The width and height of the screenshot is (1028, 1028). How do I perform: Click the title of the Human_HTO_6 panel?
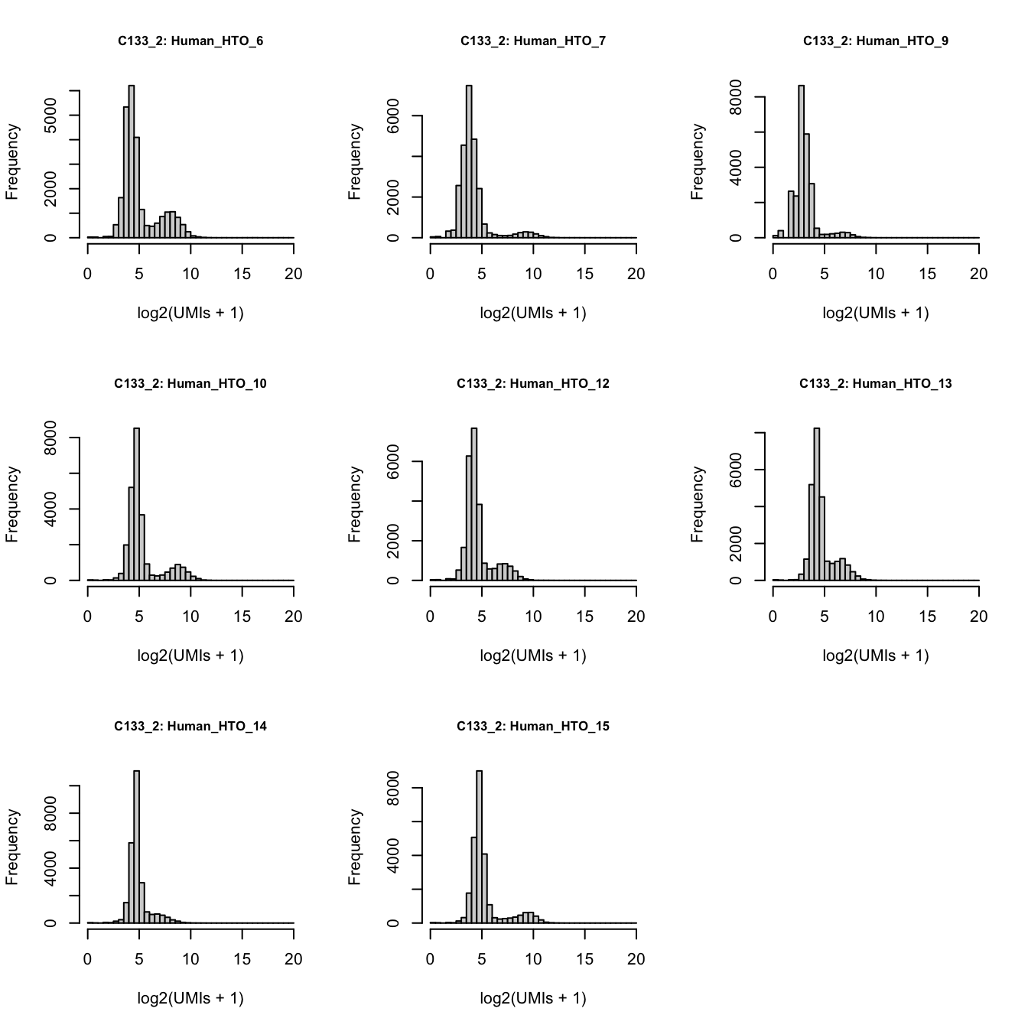pyautogui.click(x=190, y=41)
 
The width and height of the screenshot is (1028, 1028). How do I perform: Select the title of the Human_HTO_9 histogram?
pyautogui.click(x=875, y=41)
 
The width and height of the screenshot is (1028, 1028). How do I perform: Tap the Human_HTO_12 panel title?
pyautogui.click(x=533, y=384)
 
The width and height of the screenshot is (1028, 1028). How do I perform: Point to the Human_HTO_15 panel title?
pyautogui.click(x=533, y=727)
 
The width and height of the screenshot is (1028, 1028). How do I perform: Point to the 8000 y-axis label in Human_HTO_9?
pyautogui.click(x=736, y=97)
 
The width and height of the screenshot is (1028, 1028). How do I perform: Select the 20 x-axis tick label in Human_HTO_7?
pyautogui.click(x=636, y=275)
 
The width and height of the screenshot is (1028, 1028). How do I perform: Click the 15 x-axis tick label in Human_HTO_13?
pyautogui.click(x=927, y=617)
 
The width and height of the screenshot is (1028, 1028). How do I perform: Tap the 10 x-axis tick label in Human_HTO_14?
pyautogui.click(x=190, y=960)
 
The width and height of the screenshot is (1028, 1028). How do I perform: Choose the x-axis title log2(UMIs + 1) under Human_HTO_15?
pyautogui.click(x=533, y=998)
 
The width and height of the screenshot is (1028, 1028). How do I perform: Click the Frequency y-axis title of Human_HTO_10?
pyautogui.click(x=12, y=505)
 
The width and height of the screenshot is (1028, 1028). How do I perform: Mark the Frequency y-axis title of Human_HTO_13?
pyautogui.click(x=697, y=505)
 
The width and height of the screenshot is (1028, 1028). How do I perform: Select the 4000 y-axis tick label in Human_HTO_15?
pyautogui.click(x=393, y=856)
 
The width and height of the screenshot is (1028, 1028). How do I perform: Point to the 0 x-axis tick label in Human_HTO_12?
pyautogui.click(x=431, y=617)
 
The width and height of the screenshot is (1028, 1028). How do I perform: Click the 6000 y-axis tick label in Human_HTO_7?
pyautogui.click(x=393, y=116)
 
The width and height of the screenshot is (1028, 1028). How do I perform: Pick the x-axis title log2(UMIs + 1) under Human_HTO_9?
pyautogui.click(x=875, y=313)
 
